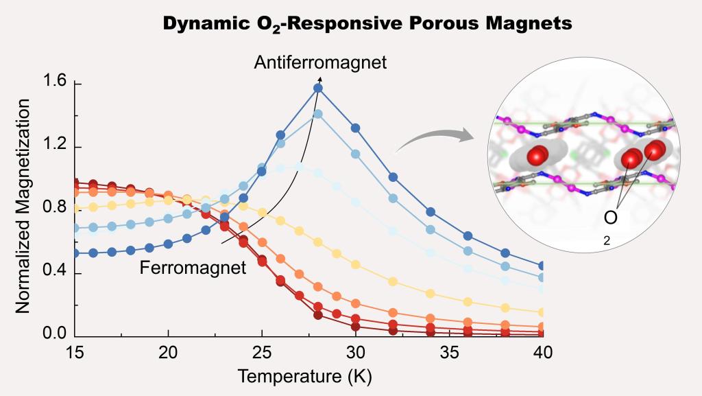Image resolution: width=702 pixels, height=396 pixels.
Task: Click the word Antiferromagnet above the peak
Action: pos(321,63)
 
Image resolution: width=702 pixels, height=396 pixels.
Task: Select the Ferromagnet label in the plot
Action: pos(193,268)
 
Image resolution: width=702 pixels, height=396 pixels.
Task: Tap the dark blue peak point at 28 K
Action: pos(318,88)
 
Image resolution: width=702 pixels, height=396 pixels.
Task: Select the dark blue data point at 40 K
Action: pos(542,266)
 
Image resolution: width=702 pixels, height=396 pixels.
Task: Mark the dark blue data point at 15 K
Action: pos(75,253)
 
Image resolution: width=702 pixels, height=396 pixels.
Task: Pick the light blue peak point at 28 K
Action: pos(318,114)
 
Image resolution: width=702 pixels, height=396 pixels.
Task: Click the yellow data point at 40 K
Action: pos(542,312)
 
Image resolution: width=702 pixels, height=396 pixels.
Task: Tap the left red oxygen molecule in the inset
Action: pos(537,156)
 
